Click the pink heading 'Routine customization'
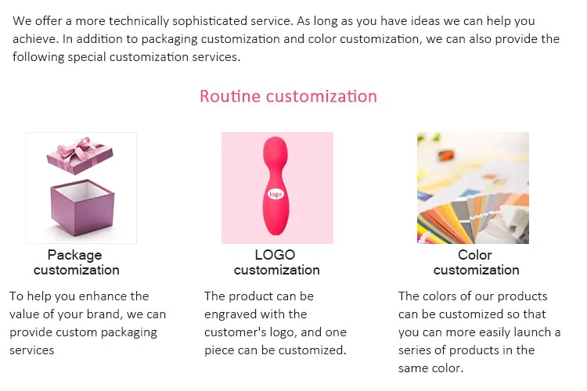point(288,96)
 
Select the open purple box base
point(82,208)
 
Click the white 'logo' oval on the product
point(275,194)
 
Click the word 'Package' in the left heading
point(74,255)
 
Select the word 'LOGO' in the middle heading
point(275,255)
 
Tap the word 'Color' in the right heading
point(475,255)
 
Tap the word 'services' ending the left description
point(32,350)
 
